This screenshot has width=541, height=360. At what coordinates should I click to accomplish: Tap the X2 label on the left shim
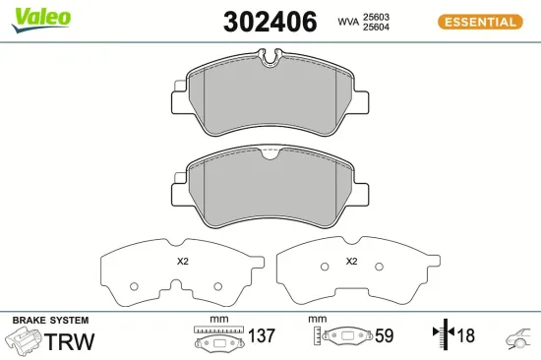pos(182,262)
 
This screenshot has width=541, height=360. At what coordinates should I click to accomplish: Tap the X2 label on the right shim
pos(351,262)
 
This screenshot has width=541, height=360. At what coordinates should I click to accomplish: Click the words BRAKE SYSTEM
pos(50,321)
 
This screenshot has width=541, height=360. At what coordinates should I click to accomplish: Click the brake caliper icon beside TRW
pos(25,341)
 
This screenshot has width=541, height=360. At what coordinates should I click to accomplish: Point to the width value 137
pos(261,336)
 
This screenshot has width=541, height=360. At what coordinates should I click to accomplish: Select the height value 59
pos(383,336)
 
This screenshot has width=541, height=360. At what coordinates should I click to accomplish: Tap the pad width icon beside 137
pos(218,339)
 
